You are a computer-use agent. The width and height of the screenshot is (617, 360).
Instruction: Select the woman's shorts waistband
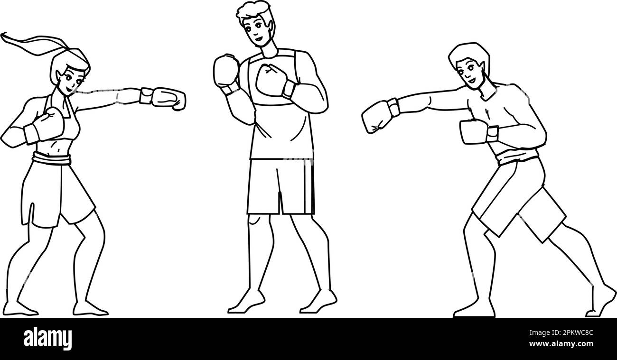51,159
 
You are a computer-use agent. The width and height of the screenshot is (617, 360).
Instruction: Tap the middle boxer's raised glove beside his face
226,71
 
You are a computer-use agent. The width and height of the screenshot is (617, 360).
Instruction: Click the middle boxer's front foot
319,302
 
